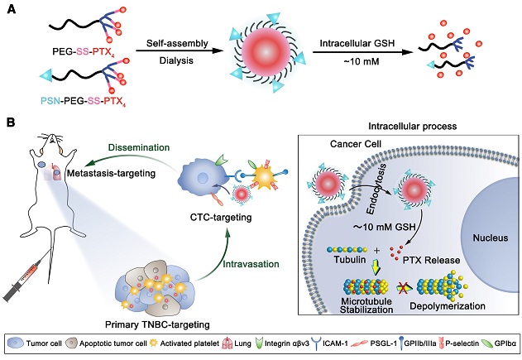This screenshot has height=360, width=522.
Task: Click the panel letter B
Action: pyautogui.click(x=11, y=122)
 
